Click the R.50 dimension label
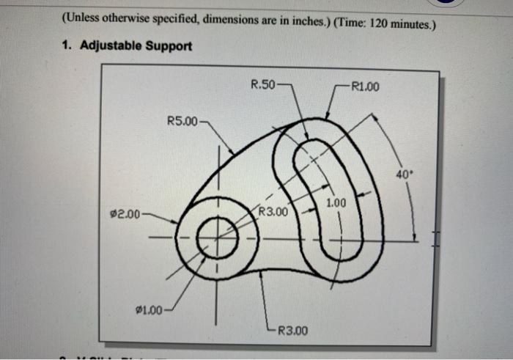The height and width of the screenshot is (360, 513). (262, 84)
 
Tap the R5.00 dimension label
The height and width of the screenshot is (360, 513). (182, 120)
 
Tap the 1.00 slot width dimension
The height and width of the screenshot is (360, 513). (336, 202)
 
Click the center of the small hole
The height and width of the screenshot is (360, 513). (217, 238)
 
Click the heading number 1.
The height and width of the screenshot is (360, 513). (65, 46)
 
